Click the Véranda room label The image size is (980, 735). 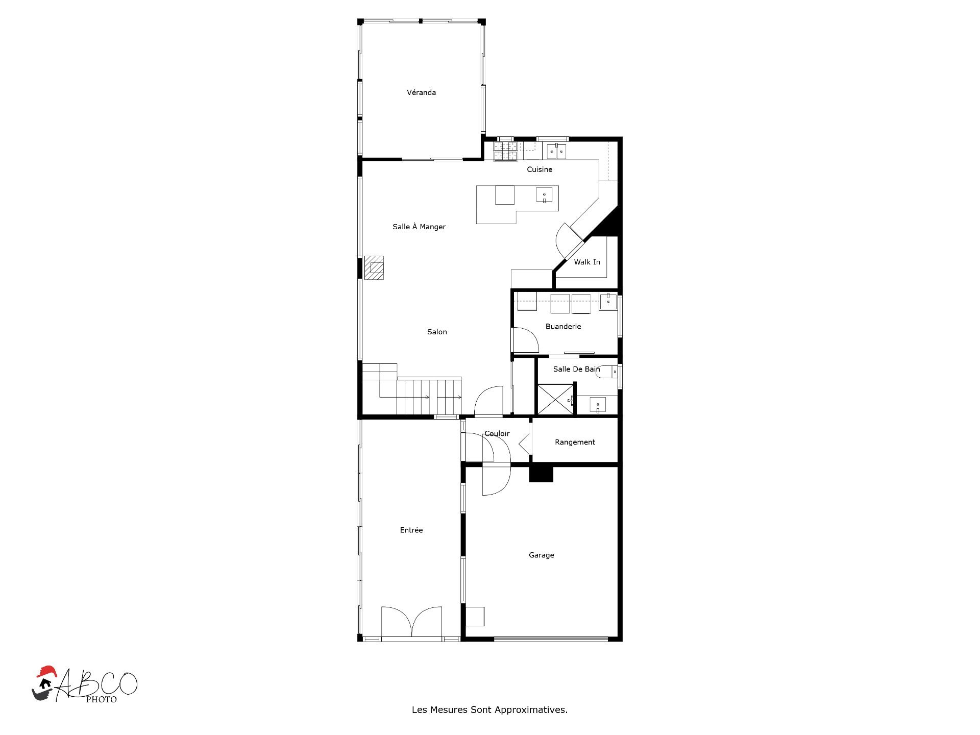[x=421, y=92]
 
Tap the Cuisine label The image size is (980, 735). [x=540, y=169]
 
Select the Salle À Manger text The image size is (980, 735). [x=419, y=227]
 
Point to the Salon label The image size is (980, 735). [x=437, y=332]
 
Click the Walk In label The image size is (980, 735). [x=587, y=262]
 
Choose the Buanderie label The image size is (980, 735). [x=563, y=327]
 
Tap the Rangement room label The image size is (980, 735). [x=575, y=442]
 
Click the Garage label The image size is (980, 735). [x=541, y=555]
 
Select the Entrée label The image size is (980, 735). [x=411, y=530]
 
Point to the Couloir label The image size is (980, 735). [x=497, y=433]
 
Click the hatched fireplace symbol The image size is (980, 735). [x=374, y=267]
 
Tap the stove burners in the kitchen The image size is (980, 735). [x=505, y=152]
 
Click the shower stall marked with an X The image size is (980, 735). [x=555, y=400]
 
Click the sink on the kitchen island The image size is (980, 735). [x=544, y=195]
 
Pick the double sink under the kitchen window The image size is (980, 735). [x=556, y=152]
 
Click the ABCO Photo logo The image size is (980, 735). [x=85, y=684]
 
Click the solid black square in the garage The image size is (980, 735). [x=541, y=474]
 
